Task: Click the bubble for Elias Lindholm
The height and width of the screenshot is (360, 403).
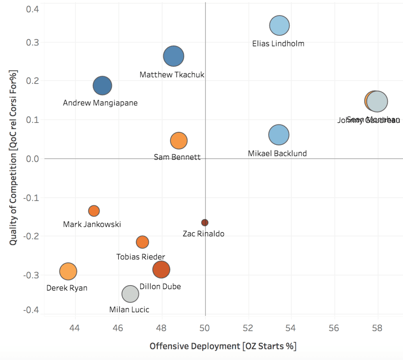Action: pos(279,26)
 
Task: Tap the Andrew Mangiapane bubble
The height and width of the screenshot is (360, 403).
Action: pos(103,85)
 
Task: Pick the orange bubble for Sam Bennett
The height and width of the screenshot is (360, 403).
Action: pos(179,141)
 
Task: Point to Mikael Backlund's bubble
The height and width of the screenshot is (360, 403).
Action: pos(279,135)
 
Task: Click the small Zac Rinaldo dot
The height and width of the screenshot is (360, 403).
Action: pos(205,223)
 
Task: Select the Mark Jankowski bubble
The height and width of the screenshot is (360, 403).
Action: pos(94,211)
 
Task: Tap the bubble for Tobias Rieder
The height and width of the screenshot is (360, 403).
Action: pos(142,242)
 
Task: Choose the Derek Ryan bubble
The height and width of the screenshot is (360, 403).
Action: pos(68,271)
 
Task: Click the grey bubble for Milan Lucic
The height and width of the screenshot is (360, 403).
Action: pos(130,293)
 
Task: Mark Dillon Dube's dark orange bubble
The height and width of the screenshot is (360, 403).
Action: pos(161,270)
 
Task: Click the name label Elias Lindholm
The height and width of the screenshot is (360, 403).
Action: pos(278,44)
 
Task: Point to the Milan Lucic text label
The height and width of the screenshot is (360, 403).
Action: pos(129,310)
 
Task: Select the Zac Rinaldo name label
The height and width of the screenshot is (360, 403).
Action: pos(203,234)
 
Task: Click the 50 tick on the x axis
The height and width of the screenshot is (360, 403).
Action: pos(205,327)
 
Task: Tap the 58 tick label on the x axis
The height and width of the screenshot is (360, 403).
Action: pos(378,327)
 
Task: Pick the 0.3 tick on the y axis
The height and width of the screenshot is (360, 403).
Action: pos(32,42)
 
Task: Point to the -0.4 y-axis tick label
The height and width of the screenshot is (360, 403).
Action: pos(31,310)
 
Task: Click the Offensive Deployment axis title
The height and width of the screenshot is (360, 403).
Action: pos(223,346)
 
